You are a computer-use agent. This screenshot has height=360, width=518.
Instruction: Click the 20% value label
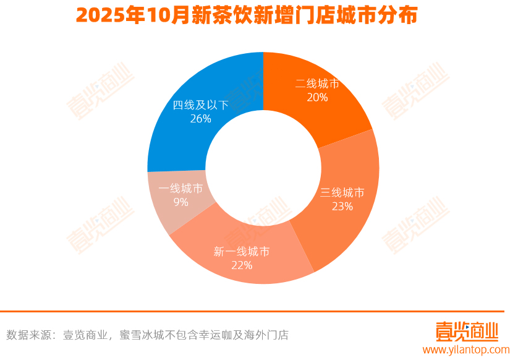coord(317,97)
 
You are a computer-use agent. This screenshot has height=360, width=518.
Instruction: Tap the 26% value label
coord(201,119)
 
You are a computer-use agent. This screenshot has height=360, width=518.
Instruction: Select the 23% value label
coord(342,207)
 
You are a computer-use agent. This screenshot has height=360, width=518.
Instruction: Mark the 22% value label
coord(242,265)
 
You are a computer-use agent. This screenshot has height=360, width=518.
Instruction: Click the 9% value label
coord(180,203)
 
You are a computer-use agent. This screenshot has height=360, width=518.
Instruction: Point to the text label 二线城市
coord(317,84)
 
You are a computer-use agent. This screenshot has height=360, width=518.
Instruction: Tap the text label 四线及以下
coord(201,105)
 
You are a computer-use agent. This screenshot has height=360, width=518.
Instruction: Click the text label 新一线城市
coord(242,252)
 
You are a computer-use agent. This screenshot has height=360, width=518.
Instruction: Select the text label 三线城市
coord(342,192)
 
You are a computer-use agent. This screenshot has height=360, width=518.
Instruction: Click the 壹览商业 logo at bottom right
coord(466,331)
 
